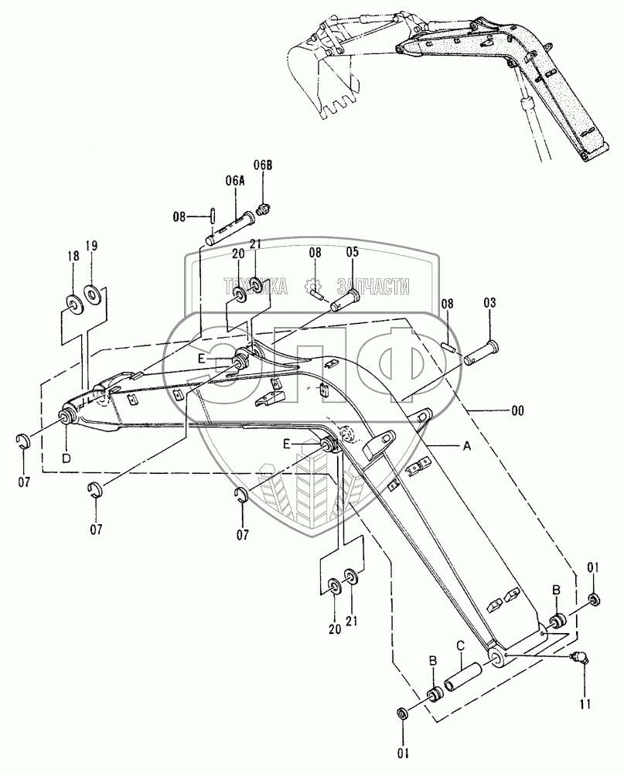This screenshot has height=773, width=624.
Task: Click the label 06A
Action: pos(235,180)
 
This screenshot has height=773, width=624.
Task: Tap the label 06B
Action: pos(264,165)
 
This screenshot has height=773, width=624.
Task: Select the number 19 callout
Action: pos(91,246)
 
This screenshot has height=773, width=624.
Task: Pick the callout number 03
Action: pos(492,303)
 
